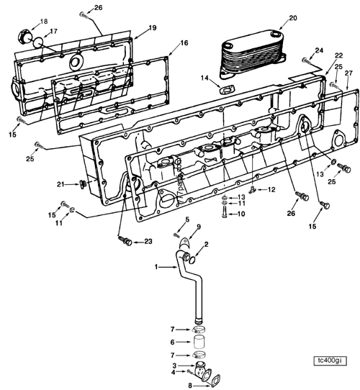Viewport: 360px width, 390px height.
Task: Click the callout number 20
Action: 272,18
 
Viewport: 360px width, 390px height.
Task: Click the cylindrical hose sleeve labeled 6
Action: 200,343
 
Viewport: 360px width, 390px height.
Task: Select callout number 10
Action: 241,214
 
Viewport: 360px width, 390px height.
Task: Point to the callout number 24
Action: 319,50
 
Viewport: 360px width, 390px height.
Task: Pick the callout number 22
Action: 338,56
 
